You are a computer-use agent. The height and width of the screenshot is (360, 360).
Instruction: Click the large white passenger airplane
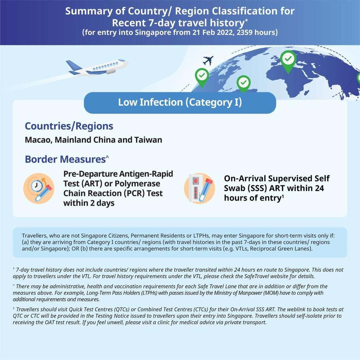(x=98, y=67)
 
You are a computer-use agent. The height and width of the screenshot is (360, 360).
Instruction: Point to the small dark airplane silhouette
(x=208, y=60)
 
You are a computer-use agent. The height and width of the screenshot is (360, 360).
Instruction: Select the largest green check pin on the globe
(x=288, y=60)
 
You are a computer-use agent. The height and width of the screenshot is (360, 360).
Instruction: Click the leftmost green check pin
(x=202, y=77)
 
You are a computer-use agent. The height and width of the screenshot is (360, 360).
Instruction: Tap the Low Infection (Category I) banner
(x=180, y=103)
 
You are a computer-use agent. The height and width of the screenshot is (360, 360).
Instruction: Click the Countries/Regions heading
(x=69, y=126)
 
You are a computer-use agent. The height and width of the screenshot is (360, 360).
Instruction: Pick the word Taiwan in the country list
(x=148, y=140)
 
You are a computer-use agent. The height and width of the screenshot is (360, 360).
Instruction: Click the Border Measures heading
(x=65, y=159)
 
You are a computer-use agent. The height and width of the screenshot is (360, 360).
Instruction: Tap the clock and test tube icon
(x=39, y=188)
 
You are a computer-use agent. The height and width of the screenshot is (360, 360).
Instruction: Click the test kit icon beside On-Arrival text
(x=199, y=188)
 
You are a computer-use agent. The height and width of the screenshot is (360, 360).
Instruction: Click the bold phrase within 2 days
(x=89, y=203)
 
